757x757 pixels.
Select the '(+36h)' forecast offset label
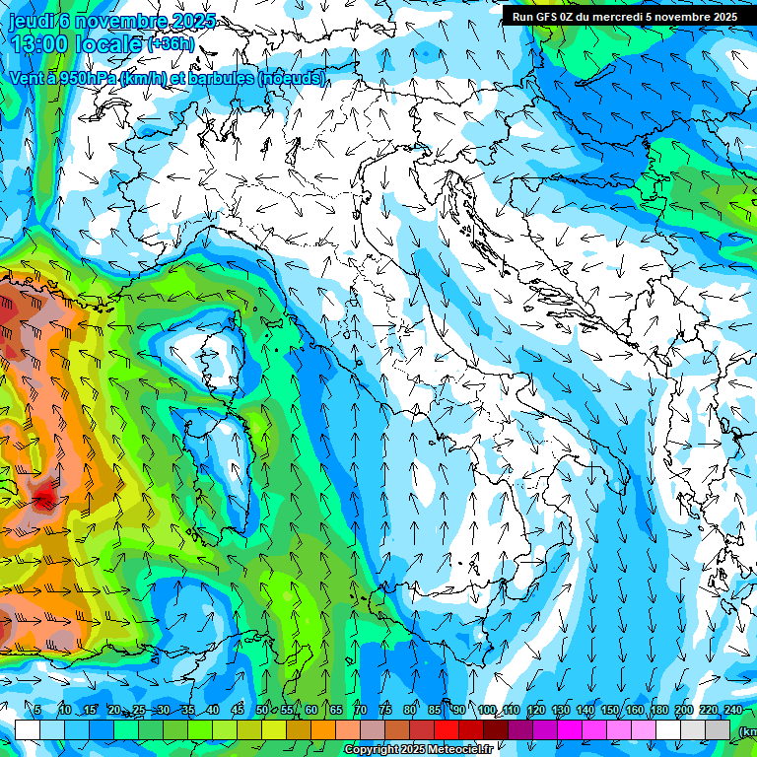click(x=171, y=45)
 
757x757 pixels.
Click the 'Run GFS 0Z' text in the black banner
click(x=547, y=17)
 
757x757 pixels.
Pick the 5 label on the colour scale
click(x=37, y=711)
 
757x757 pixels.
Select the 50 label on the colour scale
click(x=262, y=711)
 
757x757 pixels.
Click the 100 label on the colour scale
click(x=486, y=711)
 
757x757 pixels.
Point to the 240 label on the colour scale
click(x=733, y=711)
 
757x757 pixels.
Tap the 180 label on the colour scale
click(x=658, y=711)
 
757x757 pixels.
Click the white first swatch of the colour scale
click(x=27, y=729)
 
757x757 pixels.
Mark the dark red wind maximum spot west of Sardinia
click(x=43, y=499)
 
